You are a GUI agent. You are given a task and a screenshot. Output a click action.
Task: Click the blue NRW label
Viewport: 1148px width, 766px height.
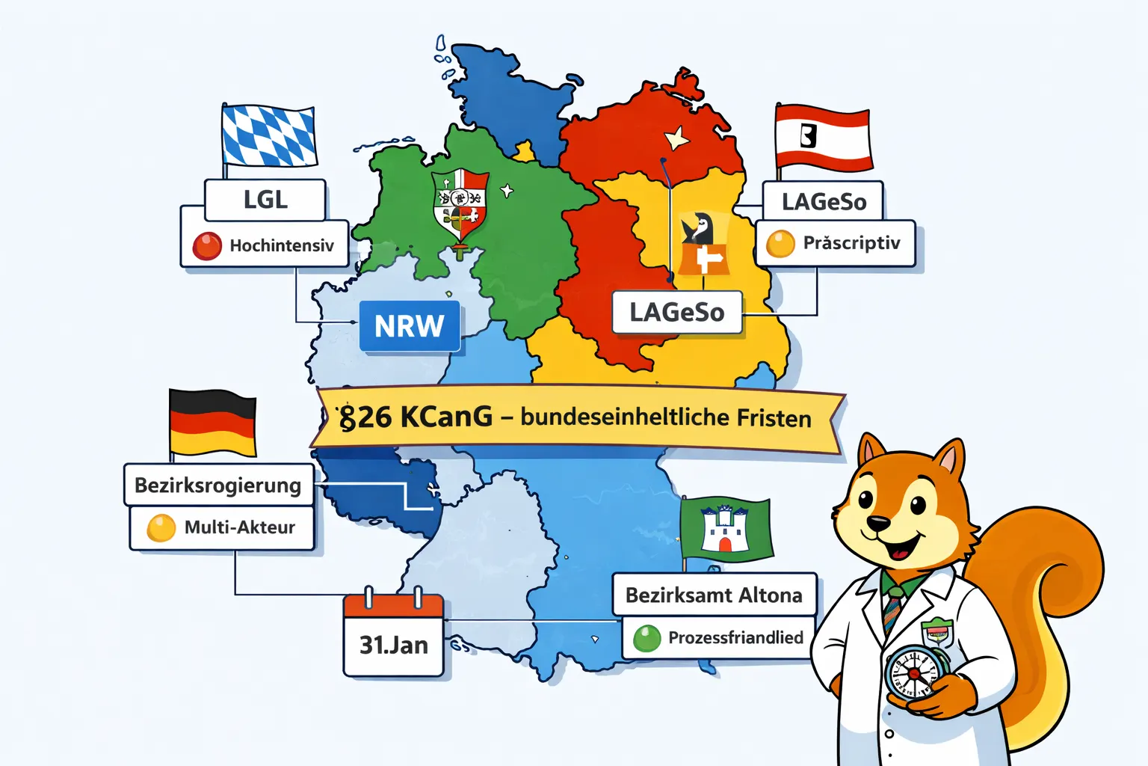click(x=410, y=326)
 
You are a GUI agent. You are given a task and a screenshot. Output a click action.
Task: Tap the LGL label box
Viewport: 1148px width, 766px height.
click(x=265, y=200)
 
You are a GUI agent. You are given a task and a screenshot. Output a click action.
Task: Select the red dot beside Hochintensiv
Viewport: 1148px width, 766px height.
click(x=207, y=246)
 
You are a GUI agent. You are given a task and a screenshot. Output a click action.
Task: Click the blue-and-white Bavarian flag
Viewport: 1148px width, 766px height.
click(x=269, y=136)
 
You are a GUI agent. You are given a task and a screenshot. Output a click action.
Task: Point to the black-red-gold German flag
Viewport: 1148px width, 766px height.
click(x=214, y=423)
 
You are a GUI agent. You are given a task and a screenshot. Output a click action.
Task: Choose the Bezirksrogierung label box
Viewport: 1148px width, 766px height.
click(x=217, y=485)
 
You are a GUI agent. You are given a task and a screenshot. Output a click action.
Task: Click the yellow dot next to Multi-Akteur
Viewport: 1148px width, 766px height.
click(x=161, y=528)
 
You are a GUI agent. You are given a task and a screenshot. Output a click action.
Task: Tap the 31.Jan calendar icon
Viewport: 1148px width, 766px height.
click(x=394, y=635)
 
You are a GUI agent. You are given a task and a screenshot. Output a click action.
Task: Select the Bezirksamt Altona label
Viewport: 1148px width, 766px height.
click(x=714, y=595)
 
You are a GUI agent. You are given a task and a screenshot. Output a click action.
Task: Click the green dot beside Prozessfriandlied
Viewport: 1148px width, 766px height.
click(x=647, y=638)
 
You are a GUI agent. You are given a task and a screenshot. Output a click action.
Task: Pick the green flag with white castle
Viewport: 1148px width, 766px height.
click(x=725, y=529)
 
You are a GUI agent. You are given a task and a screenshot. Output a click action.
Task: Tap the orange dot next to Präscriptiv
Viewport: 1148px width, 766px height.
click(x=780, y=244)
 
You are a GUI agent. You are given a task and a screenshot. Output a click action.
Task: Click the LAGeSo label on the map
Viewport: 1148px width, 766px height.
click(x=676, y=312)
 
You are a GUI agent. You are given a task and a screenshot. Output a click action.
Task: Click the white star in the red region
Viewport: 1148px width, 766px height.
click(x=676, y=138)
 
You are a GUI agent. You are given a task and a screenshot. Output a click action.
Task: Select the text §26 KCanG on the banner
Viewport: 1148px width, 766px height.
click(x=416, y=417)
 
